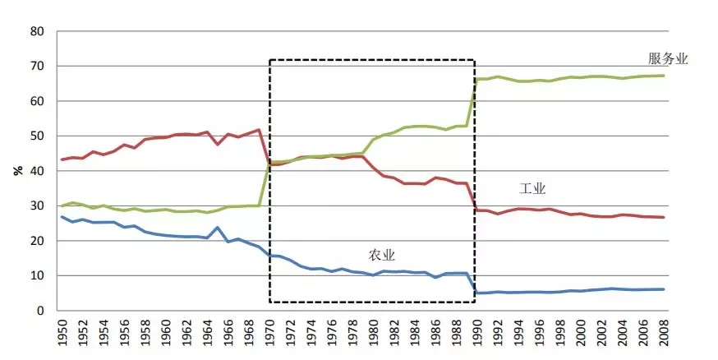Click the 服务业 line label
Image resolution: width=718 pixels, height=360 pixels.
(667, 58)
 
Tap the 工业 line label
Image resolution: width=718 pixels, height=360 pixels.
(532, 188)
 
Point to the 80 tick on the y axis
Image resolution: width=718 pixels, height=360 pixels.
(37, 31)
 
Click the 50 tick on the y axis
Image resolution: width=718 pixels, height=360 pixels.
(37, 136)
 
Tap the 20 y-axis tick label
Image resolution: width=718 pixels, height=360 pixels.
(37, 241)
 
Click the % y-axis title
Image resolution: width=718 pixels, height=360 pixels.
(16, 171)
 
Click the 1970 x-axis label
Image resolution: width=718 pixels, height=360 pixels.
(270, 335)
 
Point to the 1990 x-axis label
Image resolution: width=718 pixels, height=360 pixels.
(476, 335)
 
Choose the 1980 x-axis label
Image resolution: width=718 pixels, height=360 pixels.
(373, 335)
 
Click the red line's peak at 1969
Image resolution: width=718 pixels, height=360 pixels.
(259, 130)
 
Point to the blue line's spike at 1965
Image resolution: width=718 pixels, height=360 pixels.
(218, 228)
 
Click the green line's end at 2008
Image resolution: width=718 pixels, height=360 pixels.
(664, 76)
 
